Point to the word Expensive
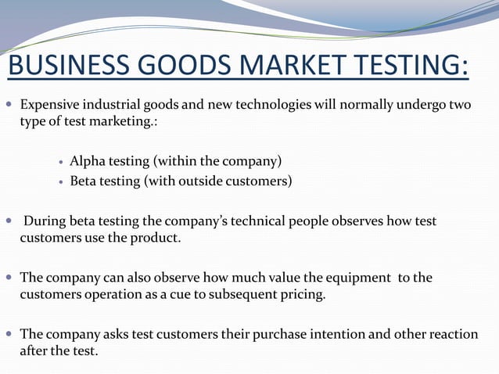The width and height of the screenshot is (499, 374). point(49,106)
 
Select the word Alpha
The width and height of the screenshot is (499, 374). point(86,162)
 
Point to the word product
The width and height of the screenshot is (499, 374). point(158,238)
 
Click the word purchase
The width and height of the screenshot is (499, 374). point(271,334)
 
